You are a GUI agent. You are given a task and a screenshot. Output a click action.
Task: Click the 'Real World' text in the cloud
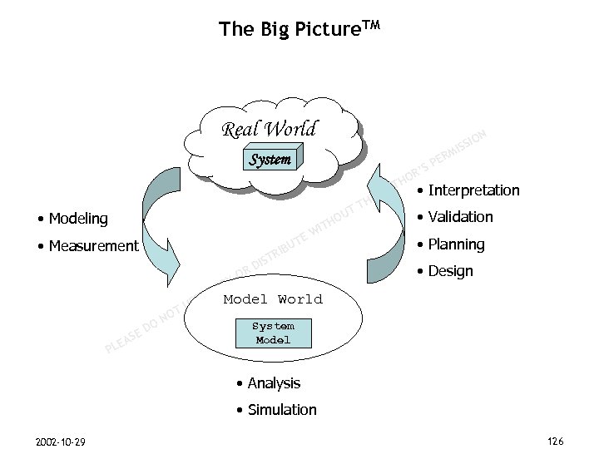coord(268,130)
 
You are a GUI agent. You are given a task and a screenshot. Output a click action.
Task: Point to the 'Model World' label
coord(273,299)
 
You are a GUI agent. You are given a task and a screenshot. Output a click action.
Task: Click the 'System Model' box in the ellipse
coord(273,333)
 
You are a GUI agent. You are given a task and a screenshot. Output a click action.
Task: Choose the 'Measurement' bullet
coord(88,245)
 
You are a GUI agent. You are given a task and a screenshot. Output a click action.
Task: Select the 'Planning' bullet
coord(453,244)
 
